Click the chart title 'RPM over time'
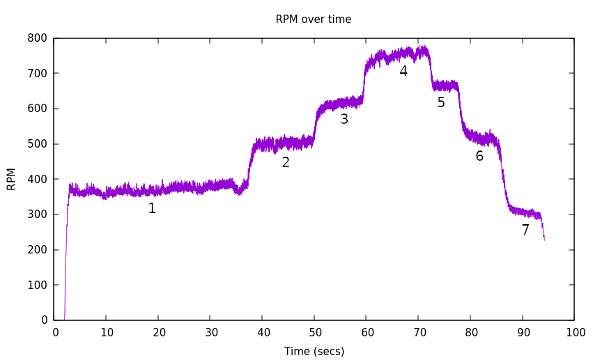tap(313, 19)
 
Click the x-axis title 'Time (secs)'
tap(314, 352)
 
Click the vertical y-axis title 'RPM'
tap(11, 179)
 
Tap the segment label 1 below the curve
tap(152, 208)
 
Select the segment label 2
tap(286, 162)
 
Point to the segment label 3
tap(344, 119)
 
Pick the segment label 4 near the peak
tap(403, 71)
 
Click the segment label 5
tap(441, 102)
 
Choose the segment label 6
tap(479, 156)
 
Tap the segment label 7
tap(525, 230)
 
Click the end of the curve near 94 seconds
tap(544, 238)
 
